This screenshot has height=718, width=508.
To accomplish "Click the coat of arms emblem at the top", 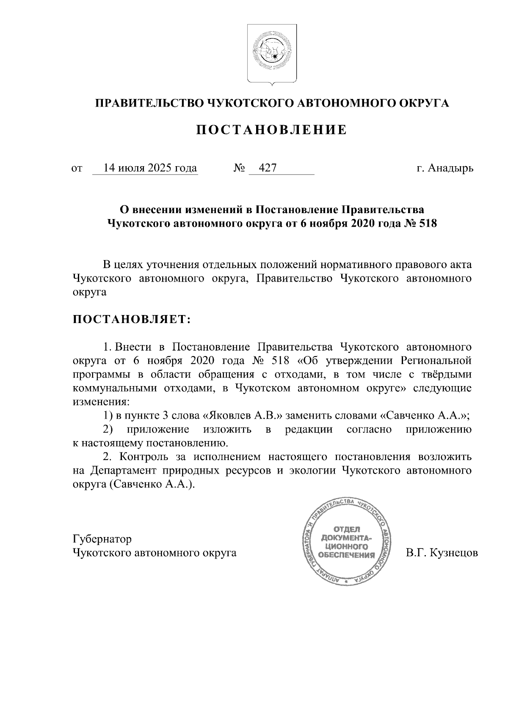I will tap(271, 54).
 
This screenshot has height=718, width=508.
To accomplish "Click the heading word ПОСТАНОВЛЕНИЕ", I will tap(271, 130).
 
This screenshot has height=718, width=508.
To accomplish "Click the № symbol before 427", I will tap(239, 168).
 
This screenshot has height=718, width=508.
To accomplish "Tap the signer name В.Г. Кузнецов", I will tap(442, 553).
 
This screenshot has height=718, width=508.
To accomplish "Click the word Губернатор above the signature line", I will tap(102, 539).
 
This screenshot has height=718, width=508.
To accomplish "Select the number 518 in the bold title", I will tap(428, 224).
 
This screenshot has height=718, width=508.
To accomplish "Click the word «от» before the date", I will tap(77, 169).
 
